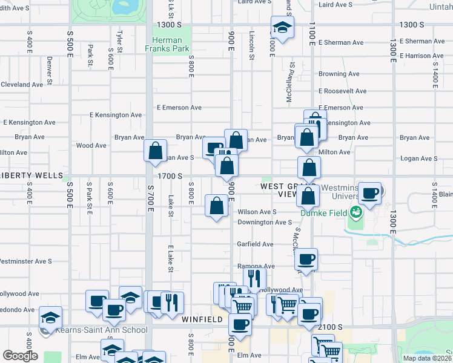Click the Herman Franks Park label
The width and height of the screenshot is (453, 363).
point(171,44)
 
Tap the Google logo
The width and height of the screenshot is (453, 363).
point(20,355)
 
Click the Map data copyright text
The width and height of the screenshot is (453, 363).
point(427,358)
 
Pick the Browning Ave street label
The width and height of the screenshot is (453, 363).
point(339,74)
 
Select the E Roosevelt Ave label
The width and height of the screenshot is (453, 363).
point(342,91)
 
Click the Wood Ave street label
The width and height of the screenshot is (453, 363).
point(91,145)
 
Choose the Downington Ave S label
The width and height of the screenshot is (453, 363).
point(265,222)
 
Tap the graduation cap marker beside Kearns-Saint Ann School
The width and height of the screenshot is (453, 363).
point(51,317)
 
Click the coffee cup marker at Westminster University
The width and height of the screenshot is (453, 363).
point(370,194)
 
